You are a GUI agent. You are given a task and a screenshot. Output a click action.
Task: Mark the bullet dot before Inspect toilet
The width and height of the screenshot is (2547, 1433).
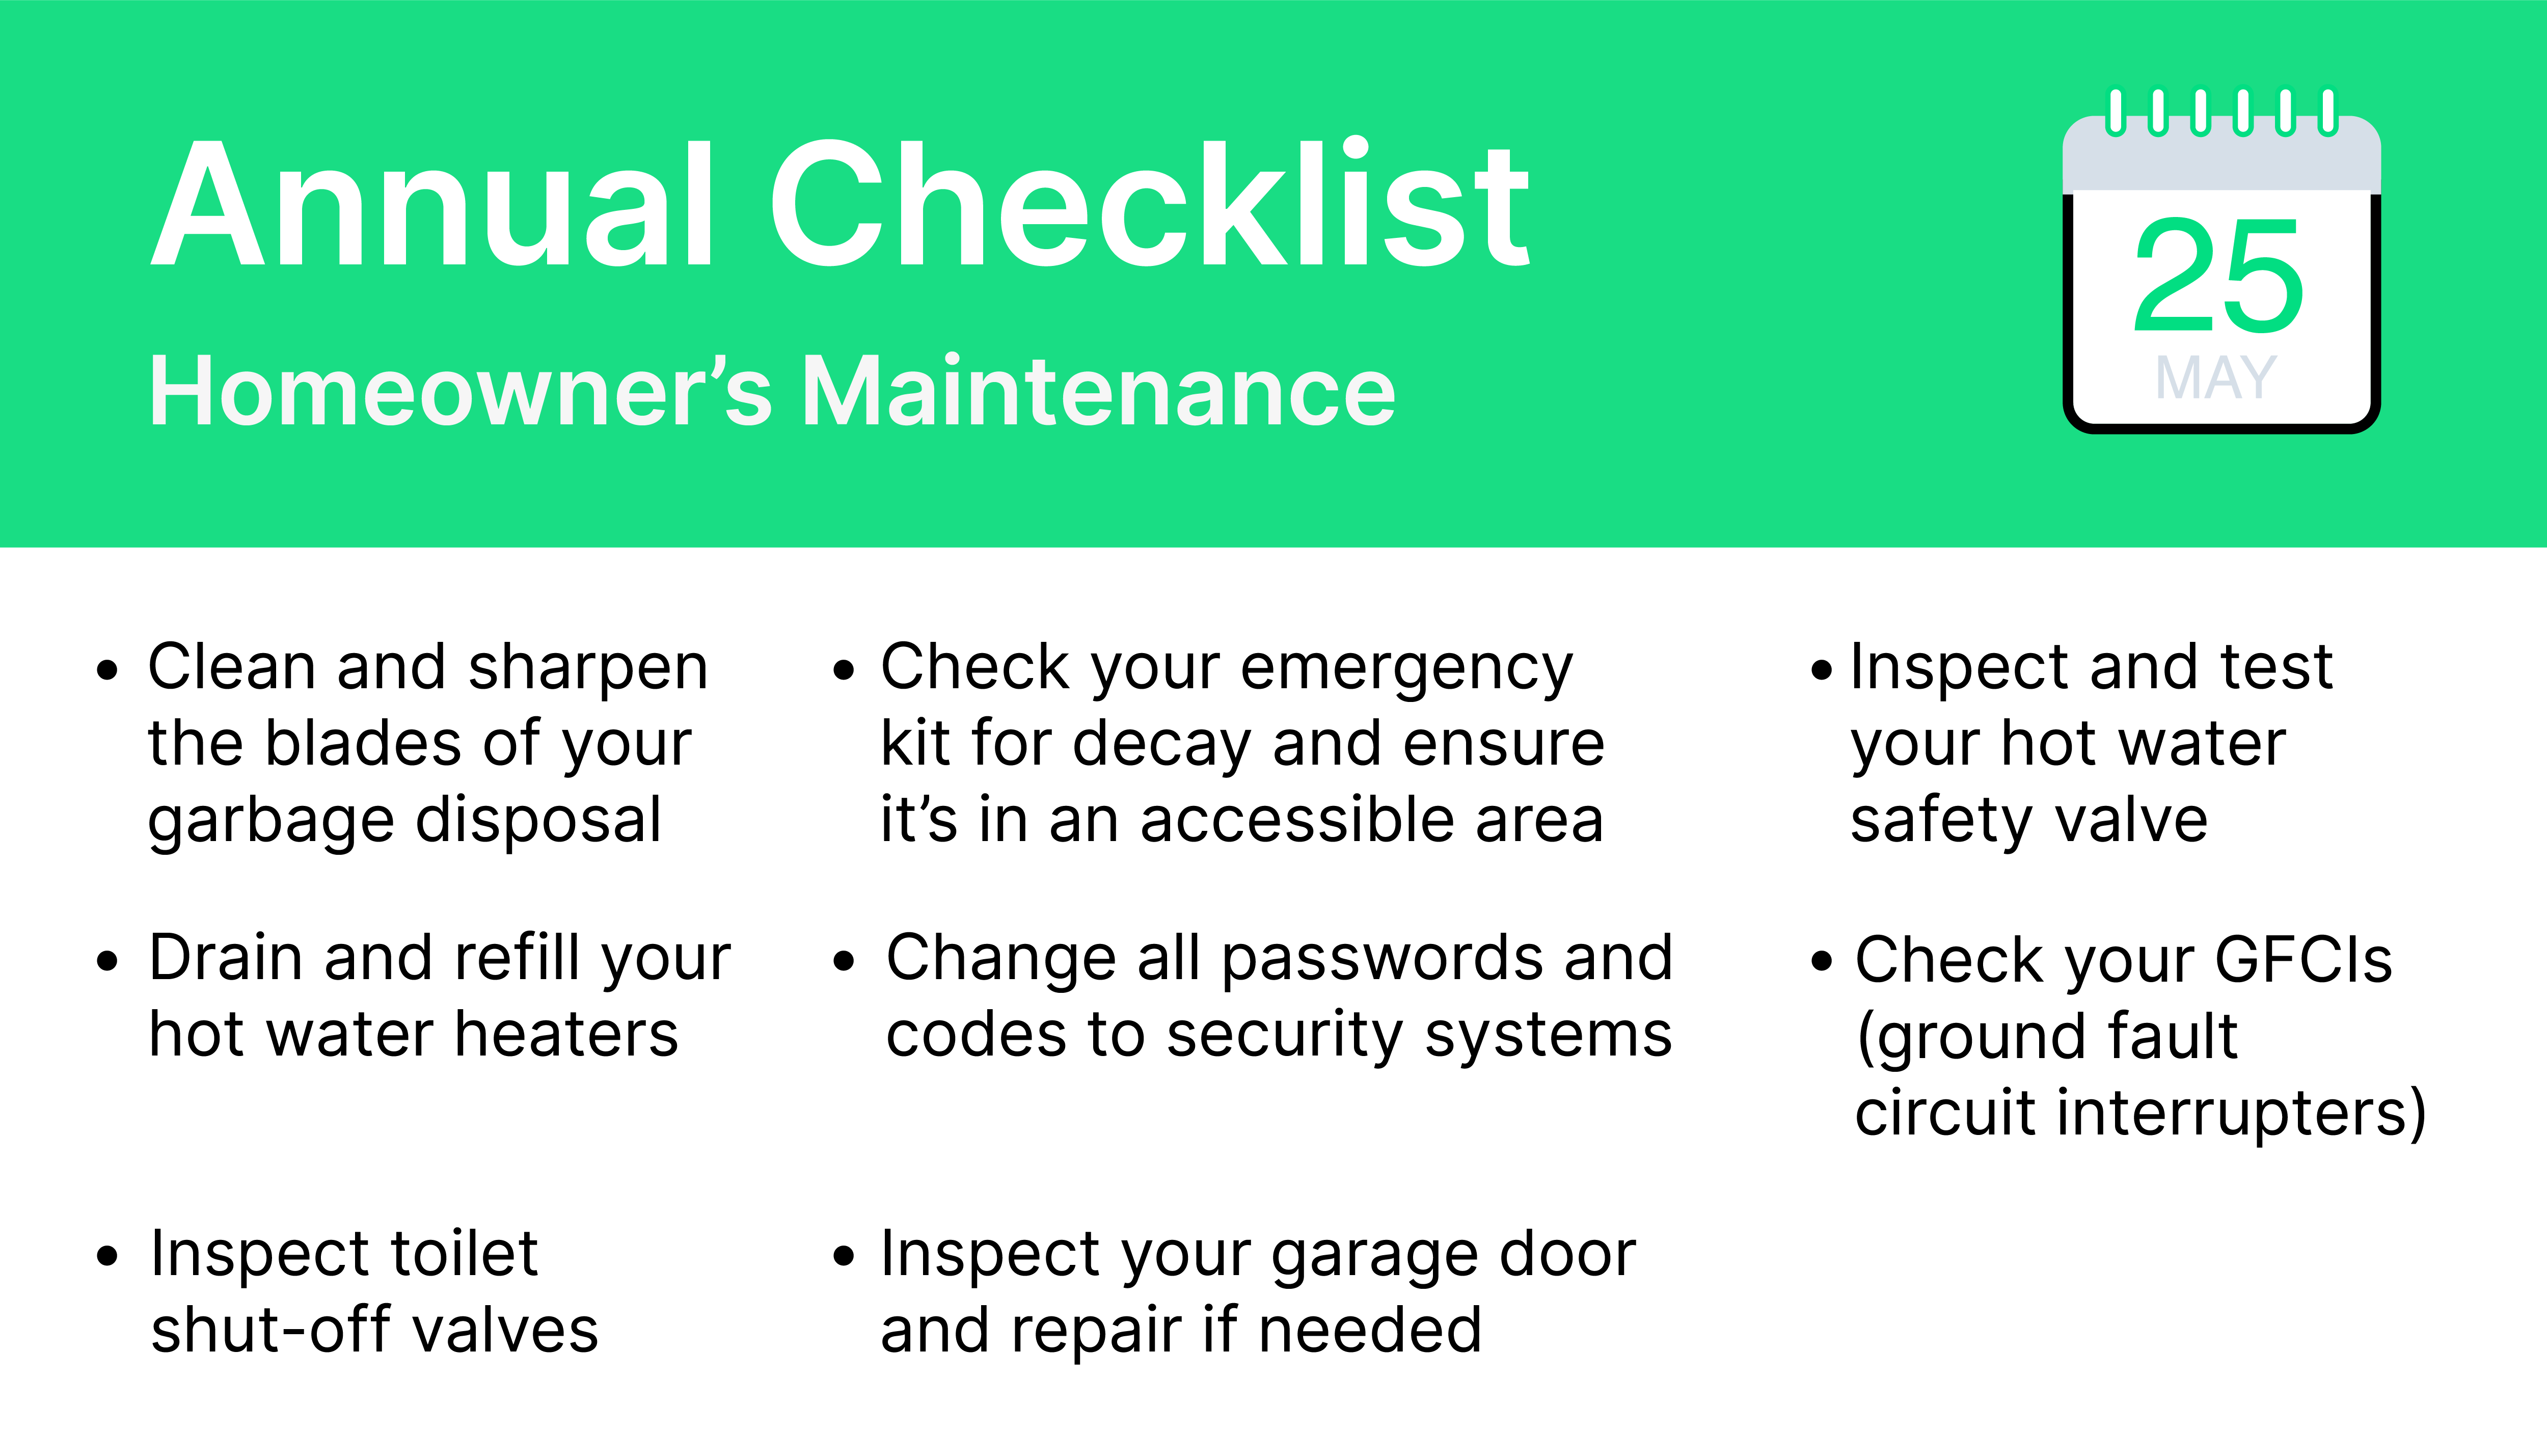coord(108,1257)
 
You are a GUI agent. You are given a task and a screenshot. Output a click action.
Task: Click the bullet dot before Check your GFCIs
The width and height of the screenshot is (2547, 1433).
coord(1821,961)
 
